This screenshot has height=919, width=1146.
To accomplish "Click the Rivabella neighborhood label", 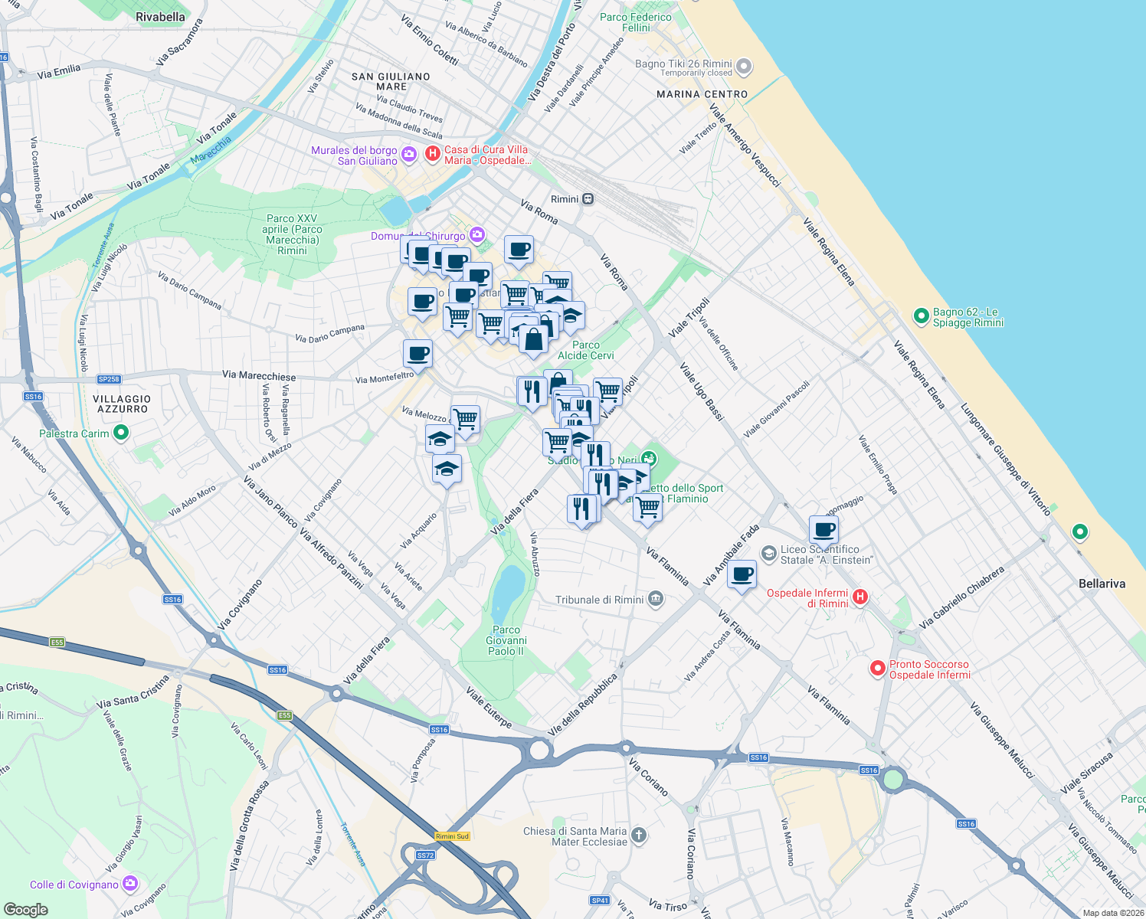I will tap(160, 17).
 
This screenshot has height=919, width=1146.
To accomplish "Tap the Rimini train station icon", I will tap(588, 199).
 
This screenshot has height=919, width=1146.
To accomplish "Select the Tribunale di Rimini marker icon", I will tap(655, 600).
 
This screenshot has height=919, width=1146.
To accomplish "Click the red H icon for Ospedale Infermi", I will tap(860, 597).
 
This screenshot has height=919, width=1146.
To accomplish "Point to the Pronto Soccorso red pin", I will tap(877, 669).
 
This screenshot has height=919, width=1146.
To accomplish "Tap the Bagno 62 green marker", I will tap(921, 316).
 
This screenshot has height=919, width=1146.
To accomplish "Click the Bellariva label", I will tap(1102, 584).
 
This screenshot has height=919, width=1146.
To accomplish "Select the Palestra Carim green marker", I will tap(120, 433).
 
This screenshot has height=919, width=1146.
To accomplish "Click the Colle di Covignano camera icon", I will tap(129, 884).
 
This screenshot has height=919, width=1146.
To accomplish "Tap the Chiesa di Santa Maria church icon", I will tap(639, 836).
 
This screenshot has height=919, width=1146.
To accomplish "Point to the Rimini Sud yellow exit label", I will tap(452, 836).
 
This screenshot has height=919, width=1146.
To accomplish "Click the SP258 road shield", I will tap(109, 379).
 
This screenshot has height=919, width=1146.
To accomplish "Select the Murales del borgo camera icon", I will tap(408, 155).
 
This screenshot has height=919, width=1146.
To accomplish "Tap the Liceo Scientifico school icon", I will tap(768, 553).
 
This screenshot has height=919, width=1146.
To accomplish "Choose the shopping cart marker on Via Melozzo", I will tap(465, 419).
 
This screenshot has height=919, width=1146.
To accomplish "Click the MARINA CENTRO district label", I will tap(702, 94).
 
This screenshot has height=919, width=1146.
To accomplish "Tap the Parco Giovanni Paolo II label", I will tap(506, 640).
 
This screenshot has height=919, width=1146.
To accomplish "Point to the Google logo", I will tap(25, 910).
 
